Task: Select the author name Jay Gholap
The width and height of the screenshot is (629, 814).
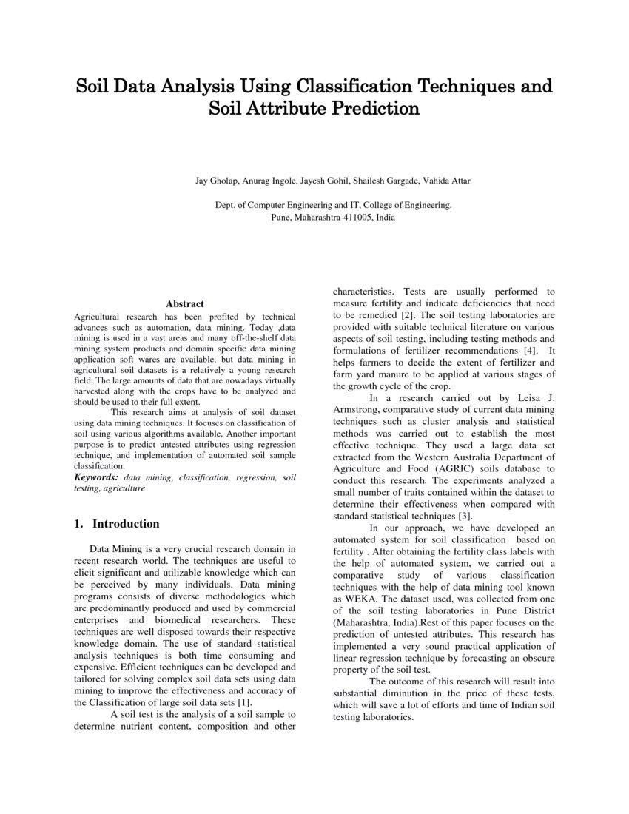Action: coord(214,181)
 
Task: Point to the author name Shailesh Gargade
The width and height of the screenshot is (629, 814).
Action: coord(386,181)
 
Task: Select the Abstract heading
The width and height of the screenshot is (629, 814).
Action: coord(185,303)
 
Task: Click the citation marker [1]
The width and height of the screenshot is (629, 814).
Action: coord(244,702)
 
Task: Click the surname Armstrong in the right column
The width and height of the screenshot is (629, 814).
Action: coord(357,409)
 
